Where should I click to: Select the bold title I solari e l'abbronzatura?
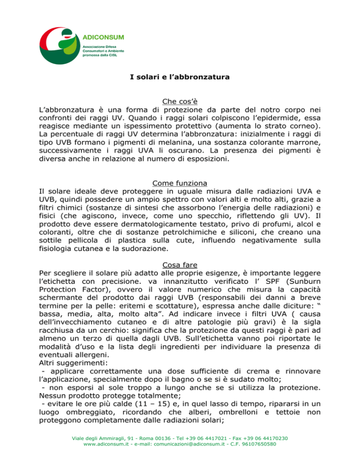point(182,77)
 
